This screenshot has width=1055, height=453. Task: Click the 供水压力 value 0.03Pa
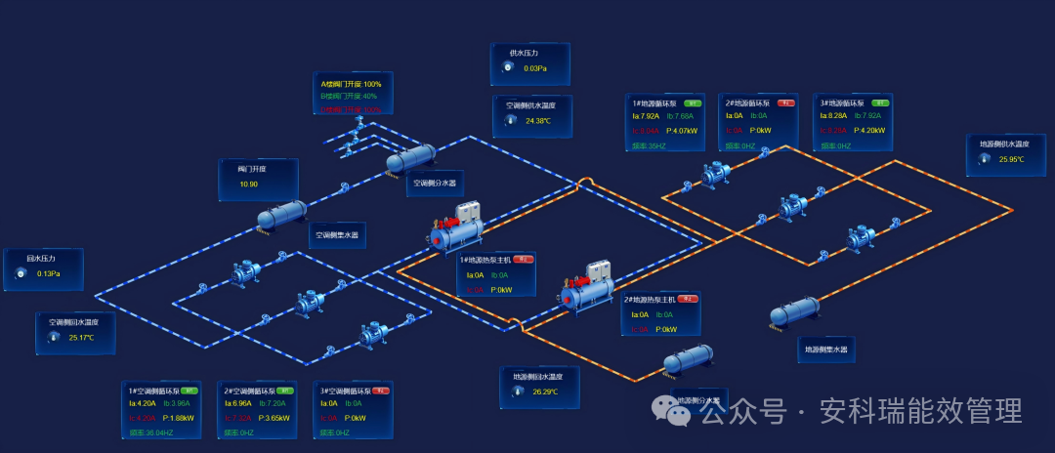click(534, 68)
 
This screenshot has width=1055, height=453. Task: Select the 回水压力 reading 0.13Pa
click(49, 273)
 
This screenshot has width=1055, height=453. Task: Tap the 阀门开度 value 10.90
click(248, 184)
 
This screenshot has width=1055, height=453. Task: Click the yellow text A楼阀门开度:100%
click(351, 85)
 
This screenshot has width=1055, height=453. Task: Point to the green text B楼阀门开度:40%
click(349, 97)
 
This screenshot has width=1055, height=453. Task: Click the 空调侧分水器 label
click(435, 183)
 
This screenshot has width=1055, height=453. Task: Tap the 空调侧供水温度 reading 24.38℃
click(538, 121)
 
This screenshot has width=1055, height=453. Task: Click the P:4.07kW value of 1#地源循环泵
click(680, 130)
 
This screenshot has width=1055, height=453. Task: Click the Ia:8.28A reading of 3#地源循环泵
click(832, 116)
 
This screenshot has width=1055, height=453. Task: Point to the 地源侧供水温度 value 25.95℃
click(1011, 159)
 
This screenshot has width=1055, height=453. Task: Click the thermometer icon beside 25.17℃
click(53, 338)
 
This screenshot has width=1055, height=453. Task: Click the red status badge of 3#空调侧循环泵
click(381, 391)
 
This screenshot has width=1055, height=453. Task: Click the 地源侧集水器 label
click(825, 349)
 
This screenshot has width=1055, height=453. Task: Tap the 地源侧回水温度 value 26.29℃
click(544, 391)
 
